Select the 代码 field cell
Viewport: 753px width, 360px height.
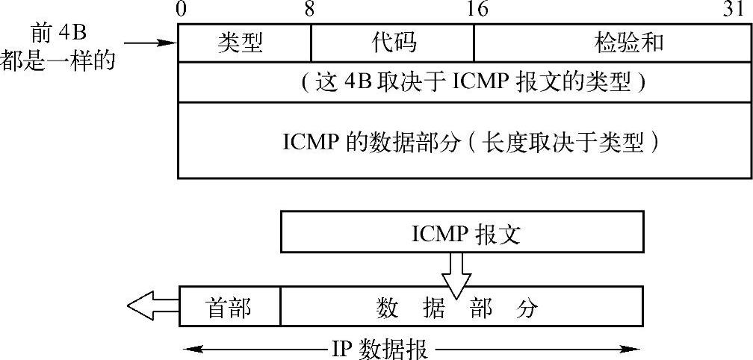click(393, 43)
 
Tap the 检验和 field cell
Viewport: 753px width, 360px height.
click(629, 43)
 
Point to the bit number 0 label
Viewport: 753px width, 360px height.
click(182, 10)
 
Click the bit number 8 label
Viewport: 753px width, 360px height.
click(310, 10)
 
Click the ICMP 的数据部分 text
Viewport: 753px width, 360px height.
click(471, 141)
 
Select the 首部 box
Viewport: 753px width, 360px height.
click(229, 307)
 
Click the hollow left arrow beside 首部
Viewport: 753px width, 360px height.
click(152, 305)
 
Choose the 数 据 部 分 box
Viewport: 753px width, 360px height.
click(461, 307)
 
